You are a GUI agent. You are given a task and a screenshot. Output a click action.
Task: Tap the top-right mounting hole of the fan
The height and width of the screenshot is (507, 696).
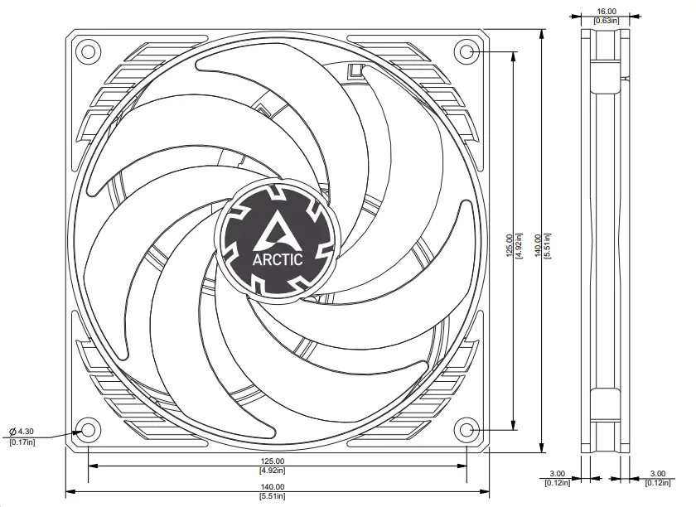(466, 52)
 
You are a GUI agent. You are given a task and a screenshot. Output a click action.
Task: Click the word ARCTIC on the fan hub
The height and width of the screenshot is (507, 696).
(277, 258)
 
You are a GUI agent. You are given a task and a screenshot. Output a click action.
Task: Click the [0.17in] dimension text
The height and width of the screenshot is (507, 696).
(22, 442)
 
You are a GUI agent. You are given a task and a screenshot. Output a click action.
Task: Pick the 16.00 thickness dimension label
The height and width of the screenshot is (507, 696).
(606, 12)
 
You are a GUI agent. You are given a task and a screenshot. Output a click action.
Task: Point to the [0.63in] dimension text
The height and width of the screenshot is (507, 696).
(606, 20)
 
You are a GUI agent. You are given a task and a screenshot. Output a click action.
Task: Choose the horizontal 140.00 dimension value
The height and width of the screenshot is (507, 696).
(273, 487)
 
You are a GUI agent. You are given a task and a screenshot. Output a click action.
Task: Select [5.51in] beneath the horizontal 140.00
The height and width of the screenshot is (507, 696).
(273, 496)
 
